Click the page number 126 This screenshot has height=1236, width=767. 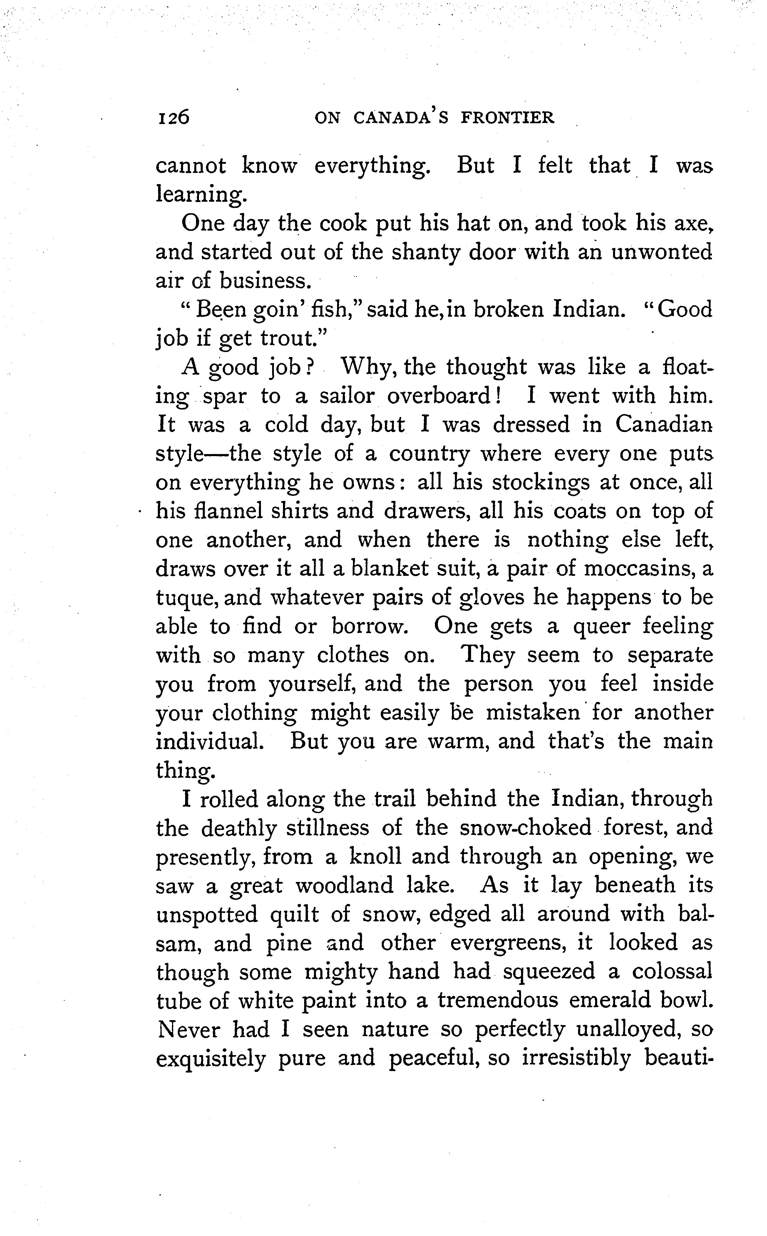click(x=173, y=118)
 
